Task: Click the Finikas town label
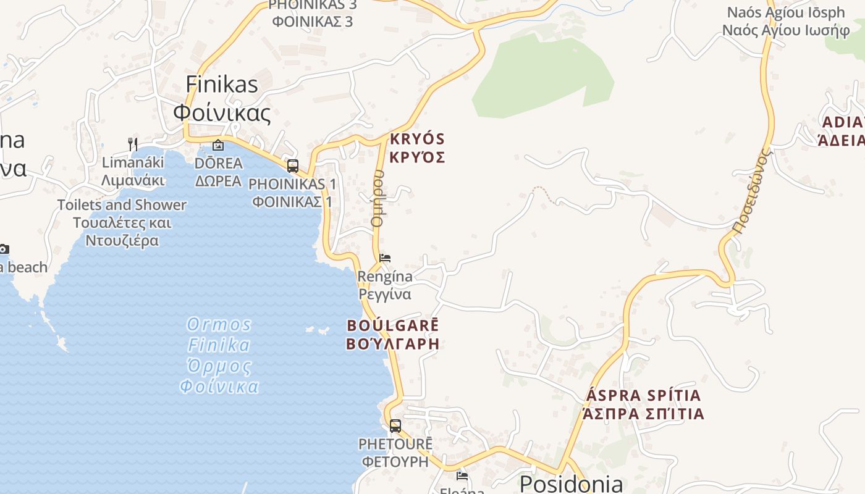[222, 85]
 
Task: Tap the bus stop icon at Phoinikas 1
[293, 166]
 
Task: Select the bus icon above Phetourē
[395, 425]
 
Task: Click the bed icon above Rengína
[385, 257]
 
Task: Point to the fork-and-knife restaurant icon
[133, 144]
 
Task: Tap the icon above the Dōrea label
[217, 146]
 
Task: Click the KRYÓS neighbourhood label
[417, 139]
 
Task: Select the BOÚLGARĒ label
[393, 325]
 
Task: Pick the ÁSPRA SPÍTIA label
[643, 395]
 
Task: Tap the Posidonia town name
[571, 484]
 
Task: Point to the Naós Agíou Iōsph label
[786, 12]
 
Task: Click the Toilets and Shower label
[122, 205]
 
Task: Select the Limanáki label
[133, 162]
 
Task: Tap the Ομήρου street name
[378, 199]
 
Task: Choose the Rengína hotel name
[385, 277]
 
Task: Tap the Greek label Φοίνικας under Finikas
[222, 113]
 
